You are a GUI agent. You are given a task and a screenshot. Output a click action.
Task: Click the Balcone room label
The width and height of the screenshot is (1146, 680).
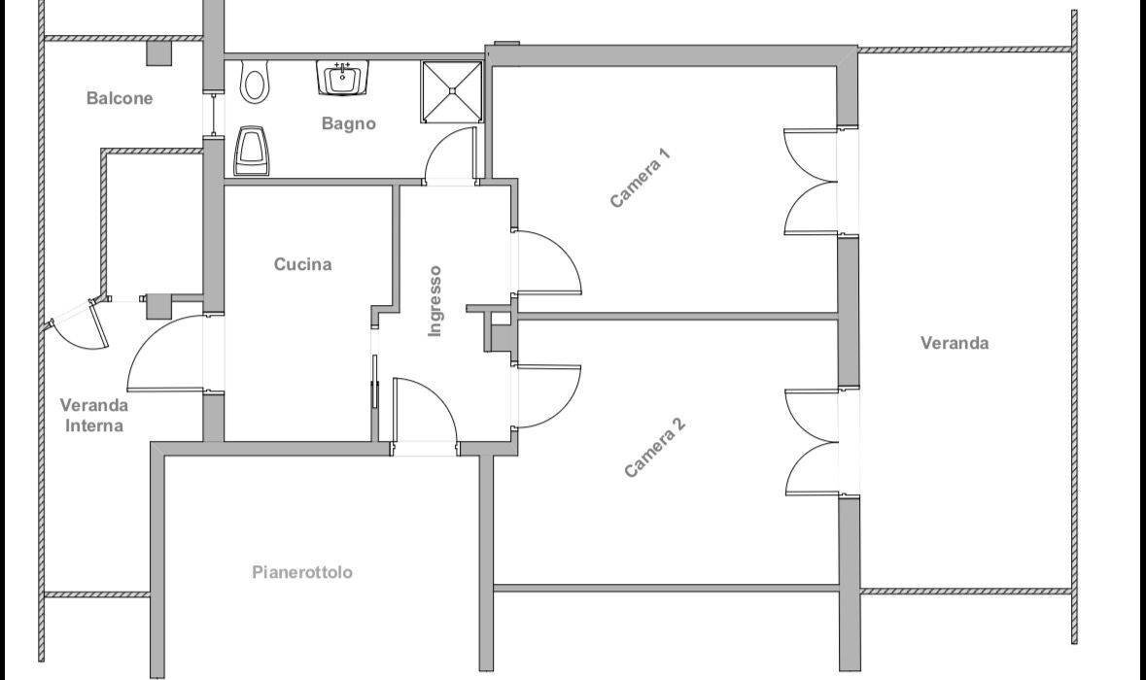pos(120,98)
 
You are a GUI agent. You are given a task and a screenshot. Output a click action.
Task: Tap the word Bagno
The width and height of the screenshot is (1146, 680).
pos(349,123)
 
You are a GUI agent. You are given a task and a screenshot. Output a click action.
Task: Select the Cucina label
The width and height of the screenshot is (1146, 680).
pos(302,263)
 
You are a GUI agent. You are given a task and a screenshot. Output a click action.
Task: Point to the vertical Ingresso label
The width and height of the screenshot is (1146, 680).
pos(434,301)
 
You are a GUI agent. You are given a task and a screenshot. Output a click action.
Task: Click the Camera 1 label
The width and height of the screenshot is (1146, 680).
pos(641,178)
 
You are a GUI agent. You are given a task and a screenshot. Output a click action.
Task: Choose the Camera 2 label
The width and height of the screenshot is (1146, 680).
pos(655,448)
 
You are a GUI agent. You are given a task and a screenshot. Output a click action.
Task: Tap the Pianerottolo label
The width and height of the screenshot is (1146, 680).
pos(302,572)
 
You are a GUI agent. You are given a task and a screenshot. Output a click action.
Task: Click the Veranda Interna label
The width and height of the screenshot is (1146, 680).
pos(94,415)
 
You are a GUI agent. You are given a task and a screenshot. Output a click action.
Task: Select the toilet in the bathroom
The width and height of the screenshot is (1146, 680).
pos(255,81)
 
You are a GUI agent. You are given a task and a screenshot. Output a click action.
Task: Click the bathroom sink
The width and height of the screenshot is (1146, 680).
pos(342,78)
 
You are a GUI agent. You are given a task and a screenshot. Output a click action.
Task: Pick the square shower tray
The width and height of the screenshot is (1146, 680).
pos(452,91)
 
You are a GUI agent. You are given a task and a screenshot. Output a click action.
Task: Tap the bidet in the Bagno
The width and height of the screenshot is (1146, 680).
pos(252,152)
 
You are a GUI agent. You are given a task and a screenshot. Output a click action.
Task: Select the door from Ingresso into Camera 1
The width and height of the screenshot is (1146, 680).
pos(548,263)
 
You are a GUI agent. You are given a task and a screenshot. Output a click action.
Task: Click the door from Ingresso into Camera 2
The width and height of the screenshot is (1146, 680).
pos(548,396)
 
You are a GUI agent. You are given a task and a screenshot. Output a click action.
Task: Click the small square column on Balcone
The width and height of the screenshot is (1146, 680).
pos(158,53)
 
